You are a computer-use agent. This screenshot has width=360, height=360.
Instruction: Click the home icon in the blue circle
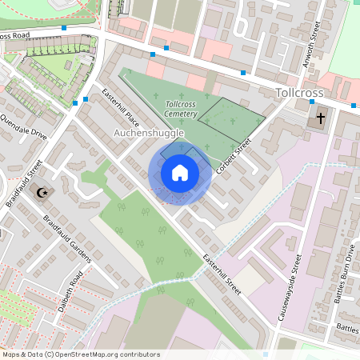tap(180, 173)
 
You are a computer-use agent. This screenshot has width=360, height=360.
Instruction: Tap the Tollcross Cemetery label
tap(181, 110)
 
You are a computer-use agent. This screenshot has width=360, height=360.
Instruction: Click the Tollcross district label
tap(298, 94)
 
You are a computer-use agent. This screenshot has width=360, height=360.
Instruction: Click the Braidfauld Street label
tap(24, 182)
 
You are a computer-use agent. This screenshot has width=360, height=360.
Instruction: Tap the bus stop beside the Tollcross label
tap(243, 74)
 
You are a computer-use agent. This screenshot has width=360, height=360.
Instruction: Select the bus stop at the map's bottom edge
tap(266, 354)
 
